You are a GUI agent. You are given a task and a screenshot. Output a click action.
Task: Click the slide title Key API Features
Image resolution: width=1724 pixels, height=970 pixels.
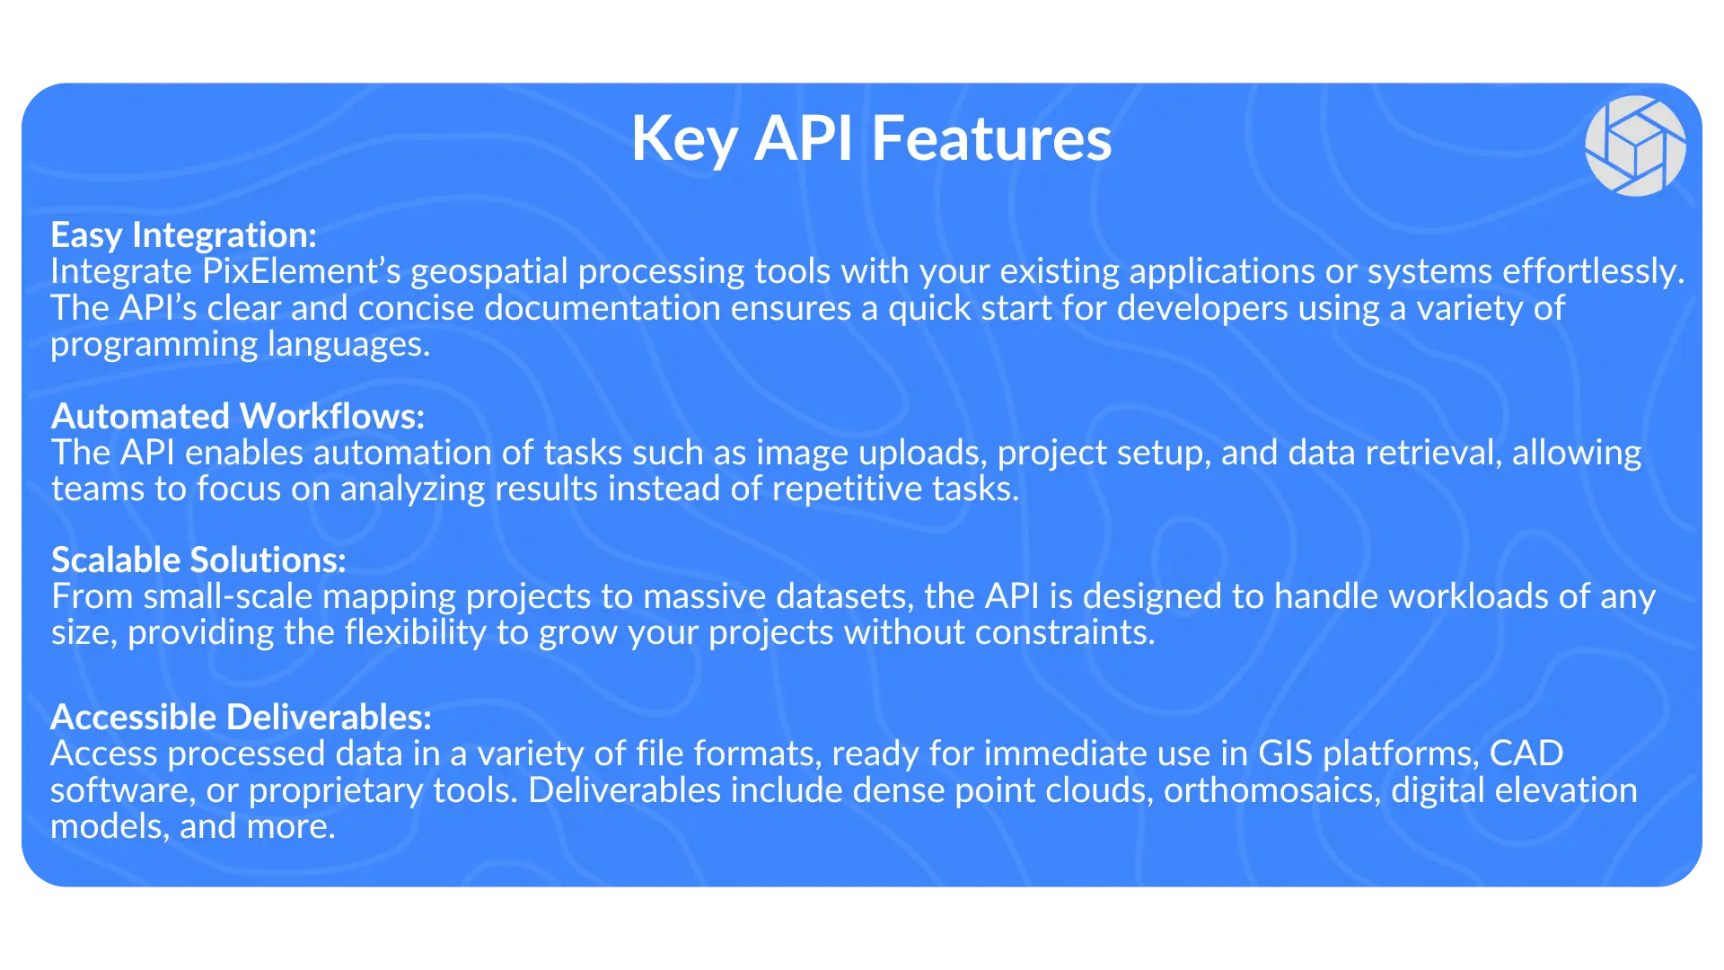click(871, 139)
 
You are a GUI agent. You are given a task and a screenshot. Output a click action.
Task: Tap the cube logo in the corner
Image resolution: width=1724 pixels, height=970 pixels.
click(1635, 146)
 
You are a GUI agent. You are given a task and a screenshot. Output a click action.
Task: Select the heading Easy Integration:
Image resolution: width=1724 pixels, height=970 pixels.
click(183, 234)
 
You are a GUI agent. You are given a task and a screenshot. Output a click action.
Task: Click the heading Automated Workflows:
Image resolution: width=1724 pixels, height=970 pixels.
click(237, 416)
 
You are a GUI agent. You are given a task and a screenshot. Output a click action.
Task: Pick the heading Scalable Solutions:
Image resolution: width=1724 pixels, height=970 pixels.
click(198, 560)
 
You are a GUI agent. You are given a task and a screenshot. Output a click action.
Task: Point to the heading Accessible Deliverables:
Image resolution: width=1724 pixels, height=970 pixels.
click(241, 717)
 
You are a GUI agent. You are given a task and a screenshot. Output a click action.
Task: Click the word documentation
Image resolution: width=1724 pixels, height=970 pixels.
click(602, 308)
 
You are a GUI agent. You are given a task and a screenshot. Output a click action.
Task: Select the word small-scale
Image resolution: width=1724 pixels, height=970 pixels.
click(227, 596)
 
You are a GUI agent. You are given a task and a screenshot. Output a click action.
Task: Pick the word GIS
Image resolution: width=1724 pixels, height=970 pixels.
click(1285, 754)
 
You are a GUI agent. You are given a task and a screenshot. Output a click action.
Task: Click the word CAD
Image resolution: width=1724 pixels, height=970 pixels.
click(1526, 754)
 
